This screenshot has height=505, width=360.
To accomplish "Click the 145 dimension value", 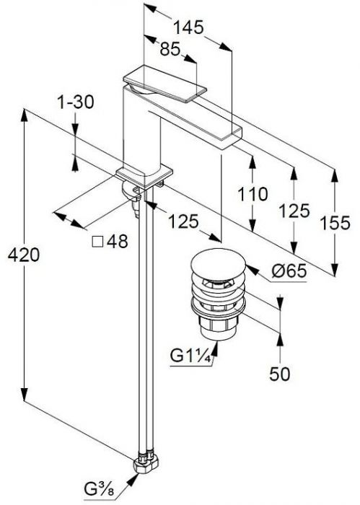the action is click(x=188, y=27).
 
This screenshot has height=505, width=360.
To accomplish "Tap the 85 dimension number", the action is click(x=170, y=49).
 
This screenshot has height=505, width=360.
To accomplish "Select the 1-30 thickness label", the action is click(x=76, y=102).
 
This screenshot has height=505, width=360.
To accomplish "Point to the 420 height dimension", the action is click(x=24, y=255).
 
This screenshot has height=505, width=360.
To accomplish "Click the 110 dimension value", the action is click(x=253, y=194).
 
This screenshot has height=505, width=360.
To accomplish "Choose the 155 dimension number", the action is click(x=335, y=223).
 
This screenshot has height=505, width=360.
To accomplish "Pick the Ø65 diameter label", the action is click(x=289, y=271).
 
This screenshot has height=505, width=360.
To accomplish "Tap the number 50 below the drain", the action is click(x=279, y=374).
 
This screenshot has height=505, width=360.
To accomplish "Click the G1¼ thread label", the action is click(x=190, y=356).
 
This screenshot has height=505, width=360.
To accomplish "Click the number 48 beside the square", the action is click(x=117, y=241).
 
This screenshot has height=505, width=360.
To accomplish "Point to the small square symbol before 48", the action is click(x=97, y=242).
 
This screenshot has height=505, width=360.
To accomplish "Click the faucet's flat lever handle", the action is click(x=164, y=84).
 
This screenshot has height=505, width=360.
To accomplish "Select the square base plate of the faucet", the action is click(x=144, y=177).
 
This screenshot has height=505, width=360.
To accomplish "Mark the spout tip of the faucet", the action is click(x=230, y=139).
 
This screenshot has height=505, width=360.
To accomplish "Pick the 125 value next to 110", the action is click(x=294, y=211).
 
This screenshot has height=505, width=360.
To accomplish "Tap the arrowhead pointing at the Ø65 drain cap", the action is click(x=252, y=270).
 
